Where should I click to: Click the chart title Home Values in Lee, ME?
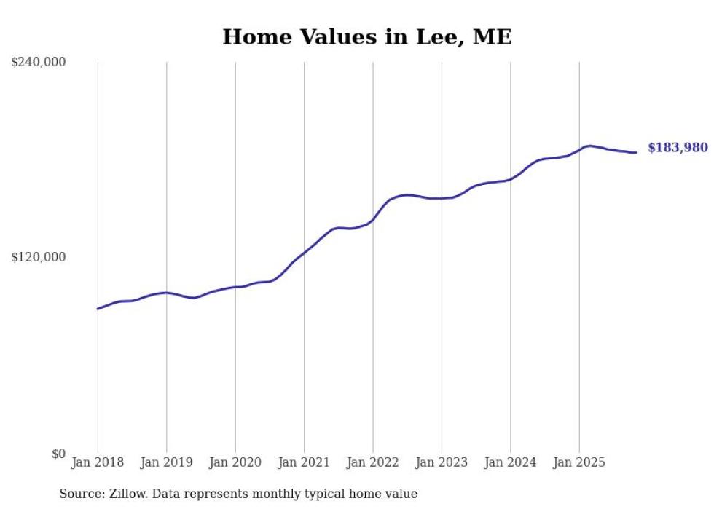366,37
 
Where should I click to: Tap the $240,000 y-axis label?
39,63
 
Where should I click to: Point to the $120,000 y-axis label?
39,257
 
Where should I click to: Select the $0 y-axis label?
58,454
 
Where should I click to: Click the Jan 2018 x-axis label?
98,462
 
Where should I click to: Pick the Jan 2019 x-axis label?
166,462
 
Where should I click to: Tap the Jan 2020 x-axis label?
235,462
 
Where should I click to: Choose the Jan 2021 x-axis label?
304,462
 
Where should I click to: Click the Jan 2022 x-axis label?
373,462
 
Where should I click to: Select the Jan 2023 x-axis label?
442,462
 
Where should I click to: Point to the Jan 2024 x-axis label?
511,462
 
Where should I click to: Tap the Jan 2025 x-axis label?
579,462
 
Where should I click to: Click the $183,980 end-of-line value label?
678,148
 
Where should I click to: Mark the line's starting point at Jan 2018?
98,309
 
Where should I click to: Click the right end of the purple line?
636,152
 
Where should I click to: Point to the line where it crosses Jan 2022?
373,219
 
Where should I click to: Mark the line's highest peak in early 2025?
589,146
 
